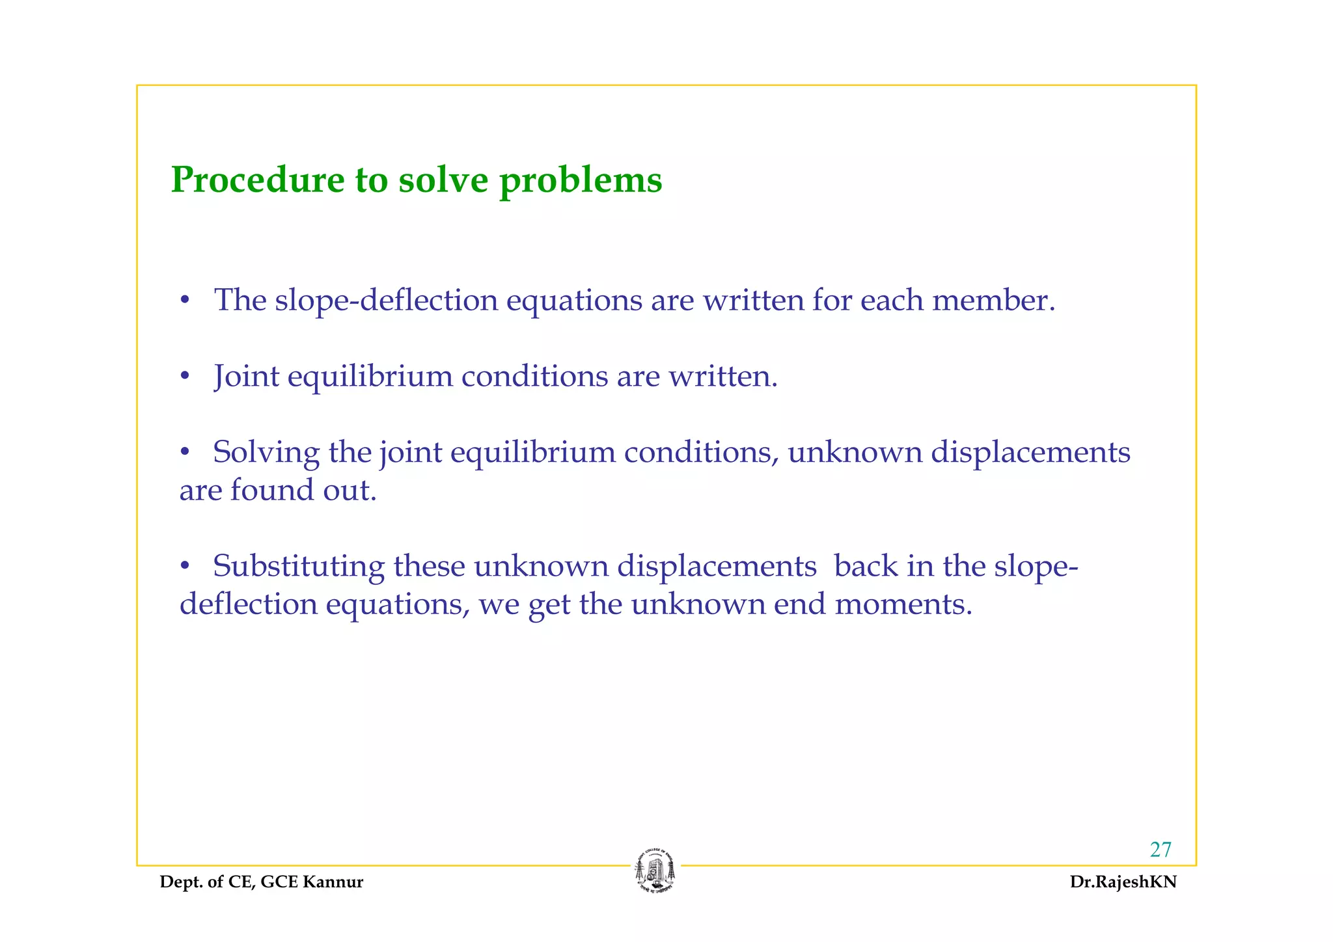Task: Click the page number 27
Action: [x=1161, y=850]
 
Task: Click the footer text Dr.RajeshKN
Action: [x=1123, y=882]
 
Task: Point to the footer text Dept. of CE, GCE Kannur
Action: [x=262, y=882]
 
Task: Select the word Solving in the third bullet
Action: [x=266, y=453]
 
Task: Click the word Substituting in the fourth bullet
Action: [x=299, y=566]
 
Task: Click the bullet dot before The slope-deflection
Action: [x=186, y=301]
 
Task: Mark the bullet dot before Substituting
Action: [x=186, y=566]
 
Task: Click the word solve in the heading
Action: [x=443, y=180]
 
